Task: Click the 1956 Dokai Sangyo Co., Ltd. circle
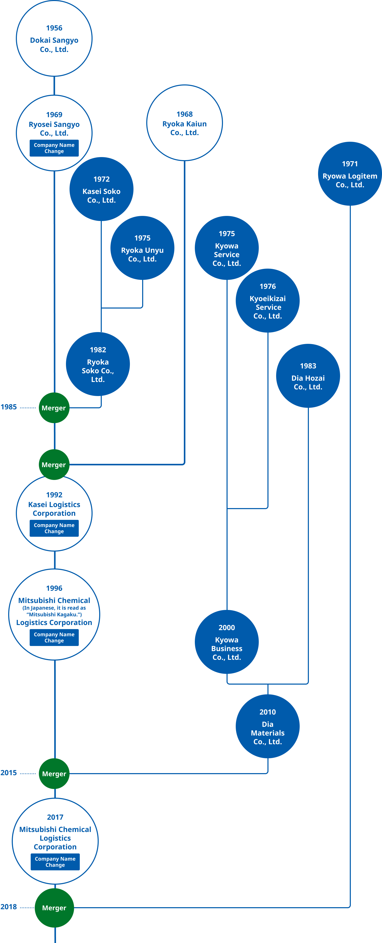tap(54, 38)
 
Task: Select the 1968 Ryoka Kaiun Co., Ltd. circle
tap(184, 123)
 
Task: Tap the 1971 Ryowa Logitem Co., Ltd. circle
tap(350, 174)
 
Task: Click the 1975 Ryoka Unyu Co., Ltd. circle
tap(142, 248)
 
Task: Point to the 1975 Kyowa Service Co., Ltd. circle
tap(227, 248)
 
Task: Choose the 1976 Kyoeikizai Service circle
tap(267, 301)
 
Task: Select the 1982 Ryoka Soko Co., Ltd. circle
tap(98, 364)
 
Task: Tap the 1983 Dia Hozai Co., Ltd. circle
tap(308, 376)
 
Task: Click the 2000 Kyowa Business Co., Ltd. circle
tap(227, 642)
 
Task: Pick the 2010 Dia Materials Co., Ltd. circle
tap(267, 726)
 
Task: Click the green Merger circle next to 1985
tap(54, 408)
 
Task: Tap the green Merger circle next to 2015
tap(54, 773)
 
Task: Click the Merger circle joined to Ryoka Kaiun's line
tap(54, 465)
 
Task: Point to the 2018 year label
tap(8, 906)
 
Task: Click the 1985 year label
tap(8, 407)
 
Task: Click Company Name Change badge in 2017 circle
tap(55, 862)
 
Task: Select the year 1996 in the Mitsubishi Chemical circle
tap(54, 588)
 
